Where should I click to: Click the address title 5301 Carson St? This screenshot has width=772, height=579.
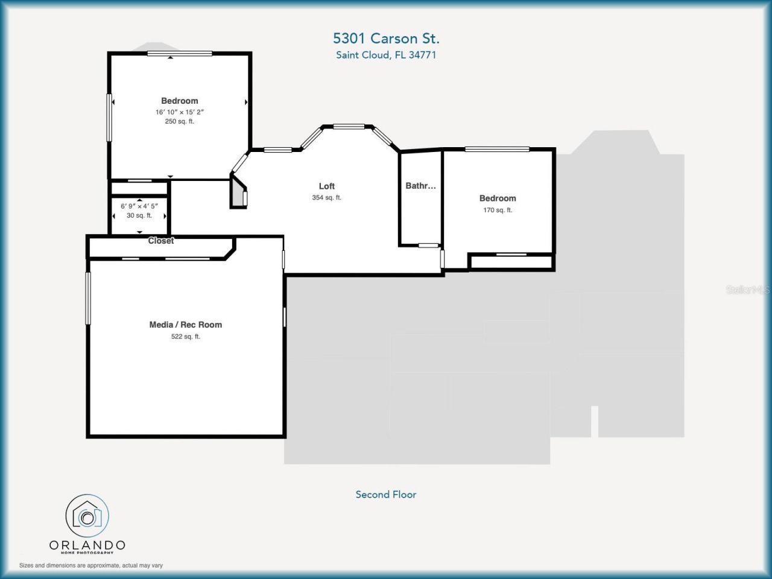tap(386, 39)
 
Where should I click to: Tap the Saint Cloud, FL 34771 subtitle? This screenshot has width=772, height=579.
tap(386, 55)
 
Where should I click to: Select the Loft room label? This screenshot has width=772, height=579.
tap(326, 186)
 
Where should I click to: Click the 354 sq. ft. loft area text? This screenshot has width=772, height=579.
tap(326, 198)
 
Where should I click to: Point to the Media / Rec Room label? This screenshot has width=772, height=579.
tap(185, 324)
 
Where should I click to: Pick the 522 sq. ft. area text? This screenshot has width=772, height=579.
tap(185, 337)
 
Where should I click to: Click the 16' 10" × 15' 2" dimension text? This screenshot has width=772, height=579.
tap(179, 112)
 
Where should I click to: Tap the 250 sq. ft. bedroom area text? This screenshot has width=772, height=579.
tap(179, 121)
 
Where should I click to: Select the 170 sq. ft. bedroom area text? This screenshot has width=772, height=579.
tap(497, 210)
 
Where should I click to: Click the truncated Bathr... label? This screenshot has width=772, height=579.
tap(420, 186)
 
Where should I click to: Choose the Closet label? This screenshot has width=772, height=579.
tap(161, 241)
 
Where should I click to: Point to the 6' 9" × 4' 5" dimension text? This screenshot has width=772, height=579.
tap(139, 206)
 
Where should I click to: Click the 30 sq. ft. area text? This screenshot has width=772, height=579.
tap(139, 215)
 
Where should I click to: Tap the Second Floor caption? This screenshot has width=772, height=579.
tap(386, 495)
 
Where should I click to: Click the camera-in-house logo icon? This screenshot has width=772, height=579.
tap(87, 516)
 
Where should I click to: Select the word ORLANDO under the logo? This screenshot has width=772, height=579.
tap(87, 545)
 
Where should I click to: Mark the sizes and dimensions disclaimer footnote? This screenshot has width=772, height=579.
tap(91, 566)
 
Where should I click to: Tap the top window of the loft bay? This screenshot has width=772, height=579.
tap(349, 127)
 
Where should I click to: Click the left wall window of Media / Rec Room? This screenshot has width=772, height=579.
tap(88, 298)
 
